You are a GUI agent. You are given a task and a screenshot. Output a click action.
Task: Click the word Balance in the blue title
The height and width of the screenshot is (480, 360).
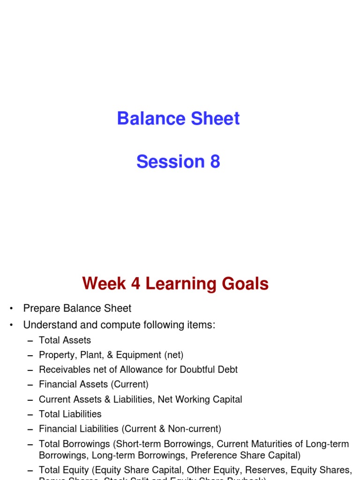(145, 119)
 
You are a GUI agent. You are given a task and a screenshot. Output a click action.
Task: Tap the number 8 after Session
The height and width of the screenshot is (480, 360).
(215, 162)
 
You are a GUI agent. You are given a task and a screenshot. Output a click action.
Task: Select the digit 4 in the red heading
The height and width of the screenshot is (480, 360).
(134, 284)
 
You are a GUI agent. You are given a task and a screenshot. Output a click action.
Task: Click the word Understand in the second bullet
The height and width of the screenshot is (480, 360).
(49, 324)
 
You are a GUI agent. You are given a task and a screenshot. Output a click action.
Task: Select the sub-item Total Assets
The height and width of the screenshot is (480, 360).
(65, 340)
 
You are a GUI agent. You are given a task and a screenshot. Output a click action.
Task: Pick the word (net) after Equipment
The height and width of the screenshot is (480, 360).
(173, 355)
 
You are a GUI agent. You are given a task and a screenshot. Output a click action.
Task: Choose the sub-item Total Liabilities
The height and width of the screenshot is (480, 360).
(70, 414)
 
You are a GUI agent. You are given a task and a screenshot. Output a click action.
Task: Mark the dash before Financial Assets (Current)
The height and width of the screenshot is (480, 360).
(30, 385)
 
